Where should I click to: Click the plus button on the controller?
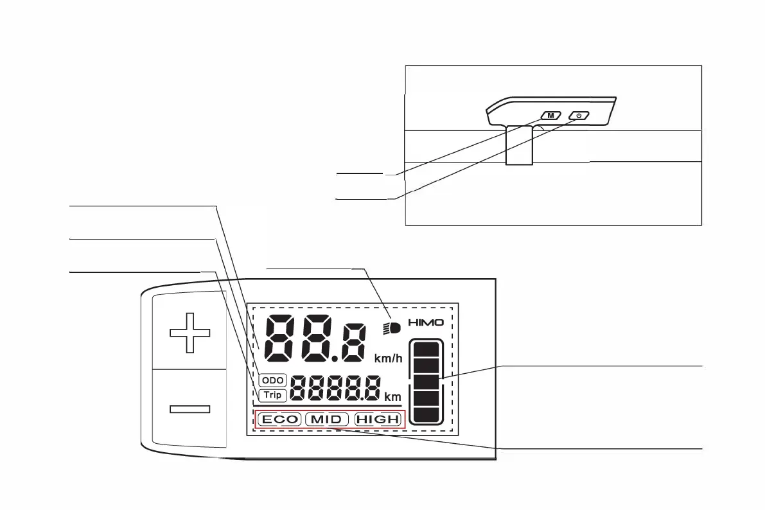coord(189,332)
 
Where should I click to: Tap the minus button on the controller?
coord(189,409)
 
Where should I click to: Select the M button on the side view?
coord(551,116)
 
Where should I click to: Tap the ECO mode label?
coord(279,420)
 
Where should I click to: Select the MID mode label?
coord(326,420)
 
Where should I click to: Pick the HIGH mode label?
coord(378,420)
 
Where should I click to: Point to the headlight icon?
coord(392,328)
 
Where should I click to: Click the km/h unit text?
coord(388,357)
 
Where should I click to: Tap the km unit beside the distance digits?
coord(392,397)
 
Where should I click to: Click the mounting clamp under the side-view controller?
coord(520,145)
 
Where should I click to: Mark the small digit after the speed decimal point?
coord(354,342)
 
